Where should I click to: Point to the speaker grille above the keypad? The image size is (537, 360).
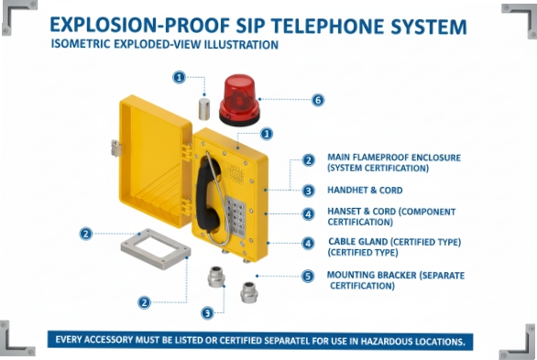[x=235, y=172]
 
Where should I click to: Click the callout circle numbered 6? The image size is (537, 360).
[x=318, y=100]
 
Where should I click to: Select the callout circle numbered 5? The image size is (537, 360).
[x=308, y=276]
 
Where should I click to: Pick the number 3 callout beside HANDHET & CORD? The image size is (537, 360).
[x=309, y=191]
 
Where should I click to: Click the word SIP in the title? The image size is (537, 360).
[x=273, y=26]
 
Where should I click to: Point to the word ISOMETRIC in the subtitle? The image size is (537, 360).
[x=81, y=44]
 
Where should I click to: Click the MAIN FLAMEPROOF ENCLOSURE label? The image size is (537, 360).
[x=394, y=158]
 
